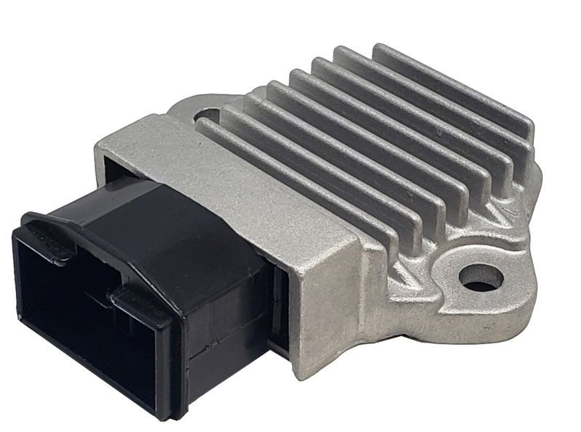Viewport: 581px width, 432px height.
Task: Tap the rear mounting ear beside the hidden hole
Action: tap(185, 113)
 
